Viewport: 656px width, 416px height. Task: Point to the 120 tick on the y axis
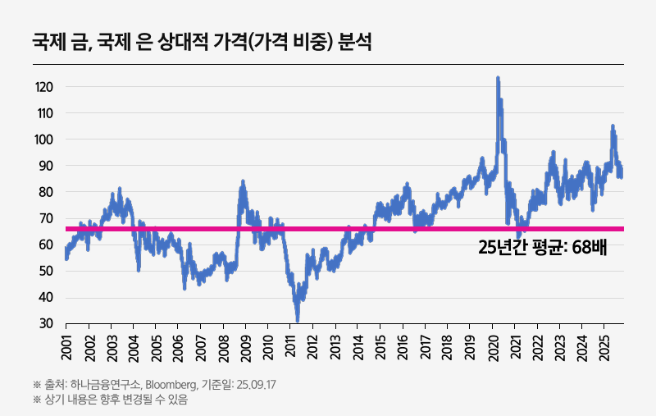coord(45,87)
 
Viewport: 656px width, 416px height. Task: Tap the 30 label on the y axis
coord(47,324)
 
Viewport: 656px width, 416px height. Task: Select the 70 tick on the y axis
coord(47,218)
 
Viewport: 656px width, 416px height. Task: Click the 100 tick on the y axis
coord(45,139)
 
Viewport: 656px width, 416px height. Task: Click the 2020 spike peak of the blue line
coord(498,79)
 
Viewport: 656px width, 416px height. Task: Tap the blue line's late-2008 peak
coord(242,182)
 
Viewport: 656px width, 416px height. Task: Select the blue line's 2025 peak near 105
coord(612,126)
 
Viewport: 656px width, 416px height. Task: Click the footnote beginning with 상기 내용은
coord(104,400)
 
